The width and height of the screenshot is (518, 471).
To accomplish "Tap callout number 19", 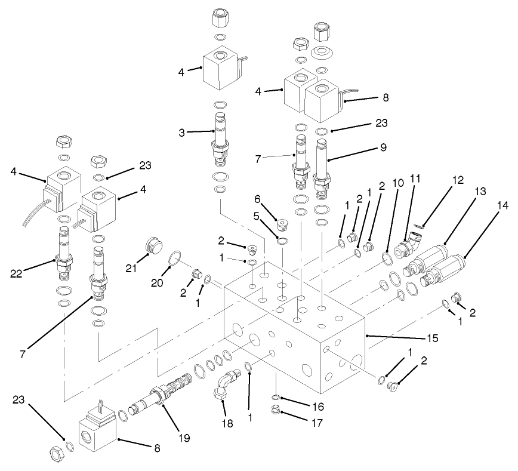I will (x=183, y=438).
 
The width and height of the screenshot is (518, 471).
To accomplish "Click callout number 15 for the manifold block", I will (x=432, y=338).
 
